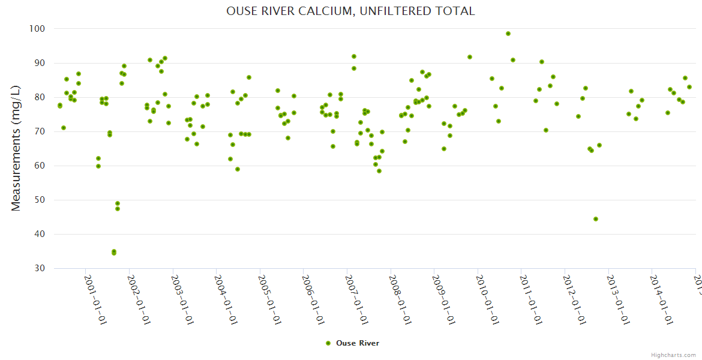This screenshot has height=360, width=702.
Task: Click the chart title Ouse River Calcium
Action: pyautogui.click(x=350, y=11)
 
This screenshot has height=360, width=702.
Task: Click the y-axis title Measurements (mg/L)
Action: pyautogui.click(x=16, y=148)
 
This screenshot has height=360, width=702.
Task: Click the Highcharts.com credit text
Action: pyautogui.click(x=673, y=355)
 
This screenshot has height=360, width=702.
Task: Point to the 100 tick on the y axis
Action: pyautogui.click(x=38, y=29)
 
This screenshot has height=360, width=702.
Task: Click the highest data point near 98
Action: pyautogui.click(x=508, y=34)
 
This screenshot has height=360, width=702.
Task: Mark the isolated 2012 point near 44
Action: pyautogui.click(x=596, y=219)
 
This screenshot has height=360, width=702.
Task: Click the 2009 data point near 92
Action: pyautogui.click(x=470, y=57)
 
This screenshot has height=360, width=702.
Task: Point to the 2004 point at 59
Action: pyautogui.click(x=238, y=169)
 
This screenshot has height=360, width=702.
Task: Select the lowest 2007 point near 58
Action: pyautogui.click(x=379, y=171)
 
